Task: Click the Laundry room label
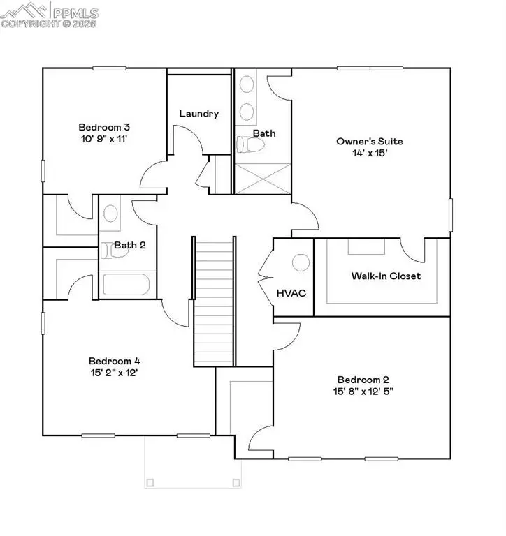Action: point(199,113)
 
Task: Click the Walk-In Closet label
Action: point(386,276)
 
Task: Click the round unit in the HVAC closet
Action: point(301,262)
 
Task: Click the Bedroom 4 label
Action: point(115,361)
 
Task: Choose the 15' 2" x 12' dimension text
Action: point(115,373)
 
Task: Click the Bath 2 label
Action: point(130,245)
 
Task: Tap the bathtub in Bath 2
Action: point(126,285)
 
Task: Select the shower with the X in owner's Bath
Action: point(262,179)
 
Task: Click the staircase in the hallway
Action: point(212,300)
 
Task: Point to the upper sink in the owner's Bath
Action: point(247,85)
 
